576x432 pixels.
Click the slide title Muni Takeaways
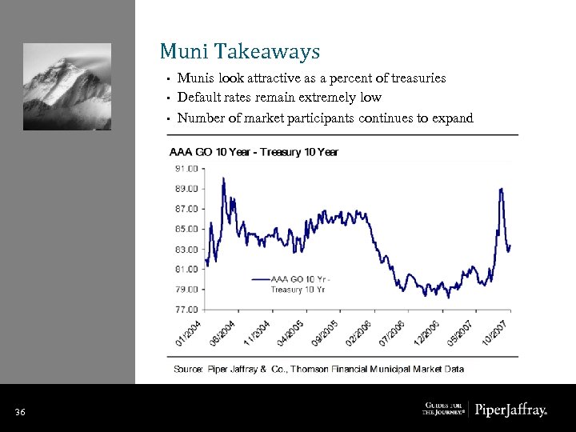click(x=239, y=52)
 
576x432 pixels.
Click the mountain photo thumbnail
click(x=67, y=81)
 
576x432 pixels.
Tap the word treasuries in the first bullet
click(x=412, y=78)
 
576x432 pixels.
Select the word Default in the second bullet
click(x=199, y=98)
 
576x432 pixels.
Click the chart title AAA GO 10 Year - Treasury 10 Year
click(x=254, y=152)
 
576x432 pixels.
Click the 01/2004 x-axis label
click(x=190, y=333)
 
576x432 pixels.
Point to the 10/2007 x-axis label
click(x=500, y=333)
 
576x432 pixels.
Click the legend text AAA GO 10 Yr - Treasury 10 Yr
click(x=300, y=284)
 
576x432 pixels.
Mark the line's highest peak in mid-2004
click(x=223, y=178)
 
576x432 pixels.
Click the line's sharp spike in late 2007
click(x=501, y=190)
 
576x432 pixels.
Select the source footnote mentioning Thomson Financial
click(x=318, y=369)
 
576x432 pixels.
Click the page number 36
click(x=21, y=412)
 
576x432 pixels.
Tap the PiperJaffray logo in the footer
click(x=511, y=410)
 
